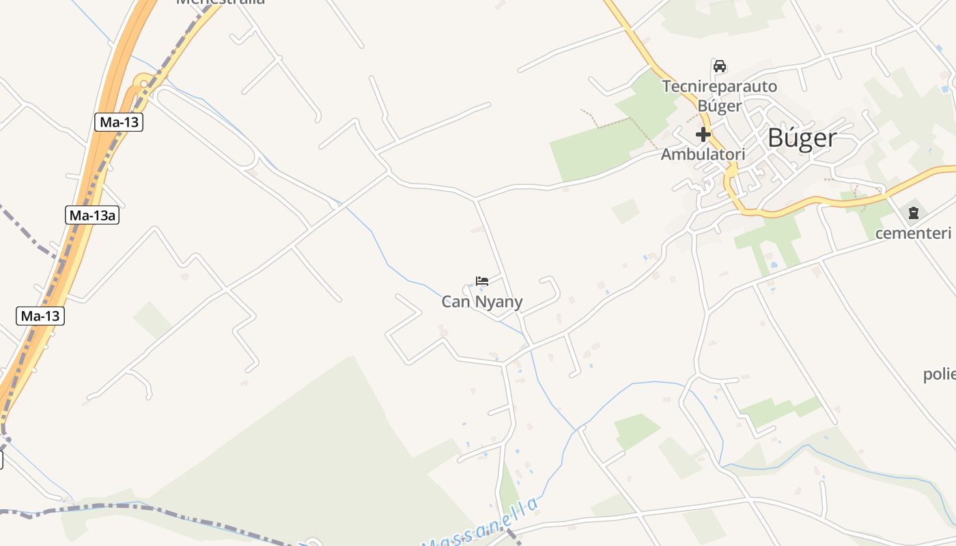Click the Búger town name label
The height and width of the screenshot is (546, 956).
point(802,138)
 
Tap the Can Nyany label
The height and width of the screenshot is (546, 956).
point(482,302)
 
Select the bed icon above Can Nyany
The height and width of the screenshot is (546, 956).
point(482,281)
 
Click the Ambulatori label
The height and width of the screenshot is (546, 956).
point(703,154)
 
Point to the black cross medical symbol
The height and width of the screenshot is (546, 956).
point(703,134)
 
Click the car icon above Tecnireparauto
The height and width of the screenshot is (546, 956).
point(719,66)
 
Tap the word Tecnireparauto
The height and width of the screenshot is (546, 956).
point(720,87)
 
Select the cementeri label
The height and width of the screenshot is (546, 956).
point(913,233)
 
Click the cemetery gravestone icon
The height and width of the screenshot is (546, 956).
point(913,213)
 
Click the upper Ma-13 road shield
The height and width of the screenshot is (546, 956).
point(119,122)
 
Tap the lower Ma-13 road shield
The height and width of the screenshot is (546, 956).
point(40,316)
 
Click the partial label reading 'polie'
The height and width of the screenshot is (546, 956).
point(938,374)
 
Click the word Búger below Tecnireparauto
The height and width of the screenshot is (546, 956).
point(720,106)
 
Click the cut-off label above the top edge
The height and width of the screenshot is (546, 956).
point(220,2)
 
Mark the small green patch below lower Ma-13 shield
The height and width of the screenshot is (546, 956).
point(152,319)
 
